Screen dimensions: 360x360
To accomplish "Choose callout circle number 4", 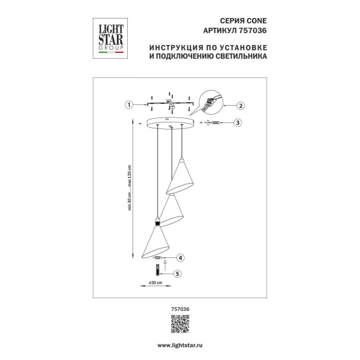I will pyautogui.click(x=180, y=258).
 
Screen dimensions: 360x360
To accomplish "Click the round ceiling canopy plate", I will pyautogui.click(x=172, y=123).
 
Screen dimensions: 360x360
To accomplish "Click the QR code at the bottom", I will pyautogui.click(x=179, y=325).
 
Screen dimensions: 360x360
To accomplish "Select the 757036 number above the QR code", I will pyautogui.click(x=179, y=308).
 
